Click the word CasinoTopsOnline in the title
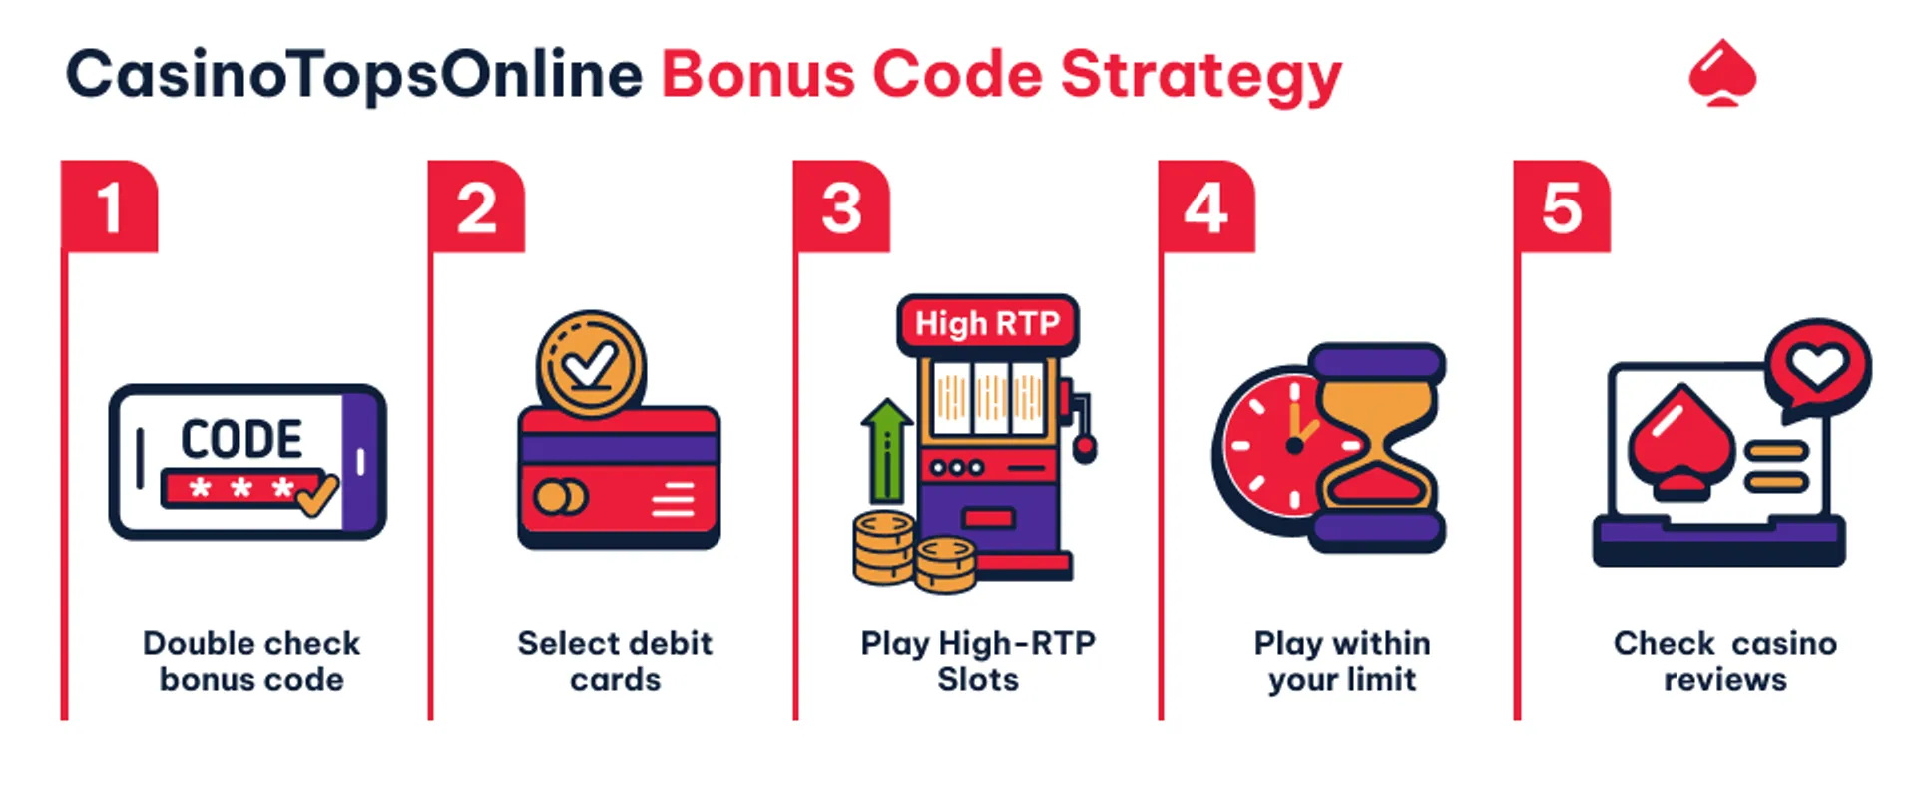click(354, 76)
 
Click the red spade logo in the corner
click(1722, 73)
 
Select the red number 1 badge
click(110, 207)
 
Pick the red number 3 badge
click(841, 207)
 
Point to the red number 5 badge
click(1561, 207)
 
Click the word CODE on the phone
click(241, 439)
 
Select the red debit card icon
click(619, 477)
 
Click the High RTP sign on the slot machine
click(987, 324)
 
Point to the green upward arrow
click(885, 449)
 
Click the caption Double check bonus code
click(251, 661)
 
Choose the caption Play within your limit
click(1342, 661)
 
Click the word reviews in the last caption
click(1725, 680)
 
